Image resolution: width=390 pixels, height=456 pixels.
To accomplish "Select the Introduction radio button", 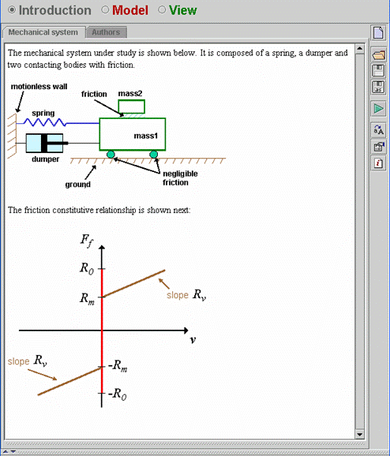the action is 12,10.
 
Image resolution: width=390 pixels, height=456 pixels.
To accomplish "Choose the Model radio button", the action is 105,10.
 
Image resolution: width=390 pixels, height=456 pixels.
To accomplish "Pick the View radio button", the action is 162,10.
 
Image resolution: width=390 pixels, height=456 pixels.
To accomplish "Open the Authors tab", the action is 106,32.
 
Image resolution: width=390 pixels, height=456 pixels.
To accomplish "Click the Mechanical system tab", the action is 43,32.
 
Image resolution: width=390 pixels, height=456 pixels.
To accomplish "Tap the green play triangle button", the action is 378,109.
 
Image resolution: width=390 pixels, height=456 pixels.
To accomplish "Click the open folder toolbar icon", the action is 378,54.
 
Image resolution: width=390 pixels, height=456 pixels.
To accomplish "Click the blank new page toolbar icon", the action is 378,32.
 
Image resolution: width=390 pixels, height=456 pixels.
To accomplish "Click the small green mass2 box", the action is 132,107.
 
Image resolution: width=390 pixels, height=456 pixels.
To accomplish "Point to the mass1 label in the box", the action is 146,136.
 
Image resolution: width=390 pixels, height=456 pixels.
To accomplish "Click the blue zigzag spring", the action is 45,122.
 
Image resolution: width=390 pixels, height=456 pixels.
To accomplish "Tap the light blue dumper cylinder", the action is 44,143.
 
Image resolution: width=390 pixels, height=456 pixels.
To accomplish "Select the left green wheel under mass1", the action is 111,155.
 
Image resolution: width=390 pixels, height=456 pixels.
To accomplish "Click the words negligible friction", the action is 180,178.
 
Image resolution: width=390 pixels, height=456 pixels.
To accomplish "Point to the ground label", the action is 77,185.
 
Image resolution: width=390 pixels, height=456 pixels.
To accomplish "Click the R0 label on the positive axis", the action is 87,268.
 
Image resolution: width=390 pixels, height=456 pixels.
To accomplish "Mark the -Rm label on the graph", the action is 118,365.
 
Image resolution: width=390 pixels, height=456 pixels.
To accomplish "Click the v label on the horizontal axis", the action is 193,340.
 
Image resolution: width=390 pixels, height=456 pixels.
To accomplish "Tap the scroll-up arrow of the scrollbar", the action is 360,48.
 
